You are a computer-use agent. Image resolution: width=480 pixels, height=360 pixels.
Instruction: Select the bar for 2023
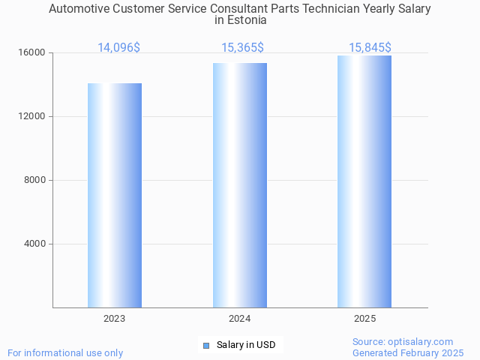tap(115, 195)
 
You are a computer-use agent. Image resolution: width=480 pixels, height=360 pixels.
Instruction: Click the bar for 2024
tap(240, 185)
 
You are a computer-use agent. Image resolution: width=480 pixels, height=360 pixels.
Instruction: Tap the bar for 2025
tap(364, 181)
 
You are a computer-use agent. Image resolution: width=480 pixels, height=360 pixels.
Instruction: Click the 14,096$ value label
tap(118, 48)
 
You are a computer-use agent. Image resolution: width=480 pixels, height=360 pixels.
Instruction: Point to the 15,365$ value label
tap(242, 48)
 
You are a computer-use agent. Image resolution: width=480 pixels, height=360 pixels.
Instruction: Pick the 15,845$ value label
tap(370, 48)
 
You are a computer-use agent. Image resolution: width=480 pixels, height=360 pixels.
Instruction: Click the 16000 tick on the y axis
tap(32, 53)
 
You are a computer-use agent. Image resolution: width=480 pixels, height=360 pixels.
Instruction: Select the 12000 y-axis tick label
tap(32, 117)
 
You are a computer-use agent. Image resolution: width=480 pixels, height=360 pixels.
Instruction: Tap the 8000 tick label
tap(34, 180)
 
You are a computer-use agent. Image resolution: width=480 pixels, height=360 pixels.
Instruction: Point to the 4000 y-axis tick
tap(34, 244)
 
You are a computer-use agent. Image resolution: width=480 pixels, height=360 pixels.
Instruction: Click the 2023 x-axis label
tap(115, 319)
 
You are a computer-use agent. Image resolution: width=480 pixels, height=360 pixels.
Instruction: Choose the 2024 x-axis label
tap(240, 319)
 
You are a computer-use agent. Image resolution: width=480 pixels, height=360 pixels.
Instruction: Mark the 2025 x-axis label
tap(364, 319)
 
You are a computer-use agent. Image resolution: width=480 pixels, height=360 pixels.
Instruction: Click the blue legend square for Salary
tap(206, 345)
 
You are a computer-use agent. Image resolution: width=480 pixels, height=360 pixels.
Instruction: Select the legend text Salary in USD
tap(246, 345)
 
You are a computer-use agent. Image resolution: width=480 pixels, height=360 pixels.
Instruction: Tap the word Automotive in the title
tap(78, 9)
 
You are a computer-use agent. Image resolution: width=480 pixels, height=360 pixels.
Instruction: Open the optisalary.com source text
tap(403, 341)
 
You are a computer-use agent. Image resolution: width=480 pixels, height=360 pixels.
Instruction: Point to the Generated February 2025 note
tap(408, 352)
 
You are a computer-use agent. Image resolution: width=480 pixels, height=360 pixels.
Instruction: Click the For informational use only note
tap(65, 352)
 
